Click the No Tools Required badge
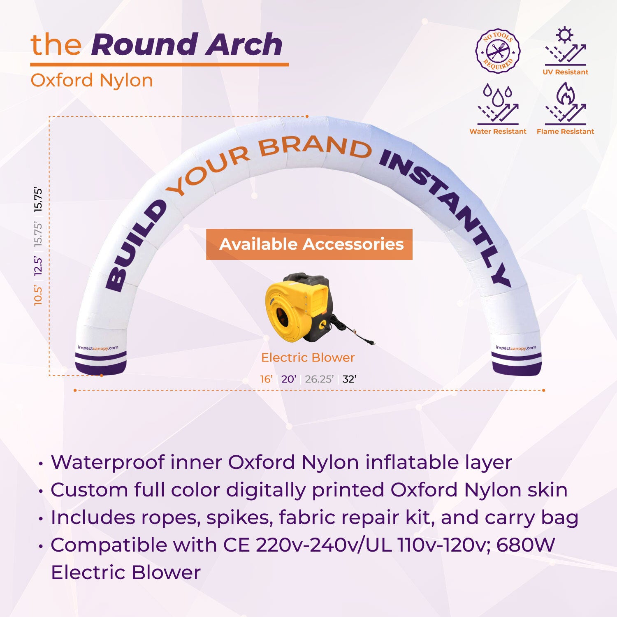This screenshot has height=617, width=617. (498, 51)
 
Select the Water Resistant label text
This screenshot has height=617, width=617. (498, 131)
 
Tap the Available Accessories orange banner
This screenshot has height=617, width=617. (309, 244)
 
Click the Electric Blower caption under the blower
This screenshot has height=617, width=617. (308, 357)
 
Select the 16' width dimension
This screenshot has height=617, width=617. (266, 379)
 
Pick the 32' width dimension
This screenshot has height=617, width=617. (349, 379)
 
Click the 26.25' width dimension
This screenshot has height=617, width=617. (319, 379)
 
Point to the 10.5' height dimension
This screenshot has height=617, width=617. (38, 295)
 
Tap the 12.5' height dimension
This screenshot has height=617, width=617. (38, 266)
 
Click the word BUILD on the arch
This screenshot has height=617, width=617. (136, 247)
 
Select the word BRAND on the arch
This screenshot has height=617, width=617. (315, 147)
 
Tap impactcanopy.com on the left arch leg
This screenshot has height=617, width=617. (98, 348)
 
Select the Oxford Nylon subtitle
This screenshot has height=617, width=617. (92, 80)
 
